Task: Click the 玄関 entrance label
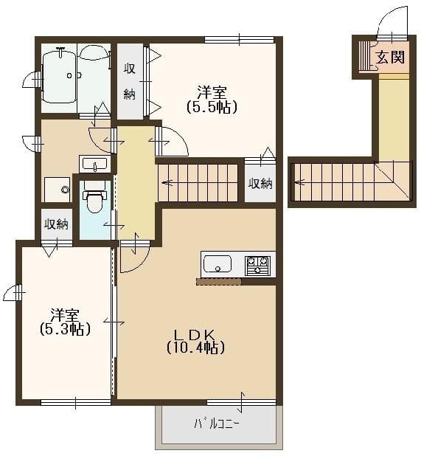tap(390, 57)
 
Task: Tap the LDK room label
tap(195, 335)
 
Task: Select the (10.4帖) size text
tap(195, 348)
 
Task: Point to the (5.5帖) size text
tap(212, 107)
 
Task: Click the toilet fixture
tap(94, 196)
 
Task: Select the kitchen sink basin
tap(217, 264)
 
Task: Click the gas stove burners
tap(257, 266)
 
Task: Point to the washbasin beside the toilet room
tap(94, 164)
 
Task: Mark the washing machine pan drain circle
tap(65, 190)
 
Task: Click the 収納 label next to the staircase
tap(260, 184)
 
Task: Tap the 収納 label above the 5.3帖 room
tap(56, 224)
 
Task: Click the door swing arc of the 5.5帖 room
tap(178, 137)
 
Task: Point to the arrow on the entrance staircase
tap(299, 183)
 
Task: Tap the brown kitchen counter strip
tap(218, 281)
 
